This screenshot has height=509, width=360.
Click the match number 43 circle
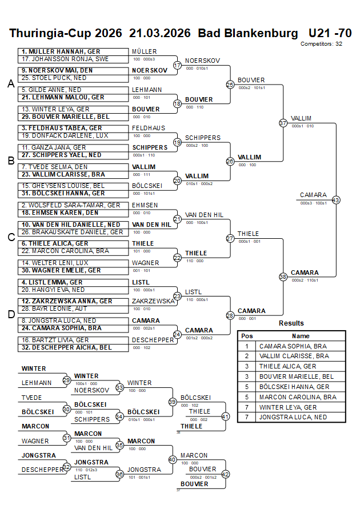[x=336, y=200]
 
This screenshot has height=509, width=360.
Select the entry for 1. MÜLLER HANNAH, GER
[x=61, y=51]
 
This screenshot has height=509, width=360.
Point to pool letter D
[x=10, y=314]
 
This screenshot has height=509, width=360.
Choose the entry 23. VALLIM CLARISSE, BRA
[x=63, y=174]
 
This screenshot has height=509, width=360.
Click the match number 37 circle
[x=283, y=123]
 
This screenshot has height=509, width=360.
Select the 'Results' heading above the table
[x=291, y=323]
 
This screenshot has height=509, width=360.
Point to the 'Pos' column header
[x=247, y=336]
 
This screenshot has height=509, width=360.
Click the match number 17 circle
[x=177, y=65]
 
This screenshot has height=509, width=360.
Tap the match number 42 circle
[x=225, y=474]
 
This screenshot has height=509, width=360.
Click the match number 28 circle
[x=230, y=315]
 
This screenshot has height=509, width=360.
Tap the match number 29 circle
[x=67, y=380]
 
